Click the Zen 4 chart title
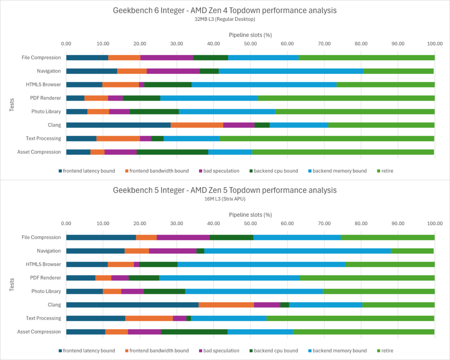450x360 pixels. pyautogui.click(x=225, y=10)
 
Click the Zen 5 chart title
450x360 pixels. pyautogui.click(x=225, y=190)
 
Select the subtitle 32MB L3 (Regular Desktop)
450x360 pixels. pyautogui.click(x=225, y=19)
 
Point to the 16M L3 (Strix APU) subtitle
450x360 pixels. pyautogui.click(x=225, y=199)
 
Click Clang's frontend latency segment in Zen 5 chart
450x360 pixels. pyautogui.click(x=132, y=305)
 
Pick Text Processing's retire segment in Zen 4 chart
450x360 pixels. pyautogui.click(x=327, y=138)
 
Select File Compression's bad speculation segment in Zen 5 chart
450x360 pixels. pyautogui.click(x=183, y=237)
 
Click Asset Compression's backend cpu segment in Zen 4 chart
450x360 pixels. pyautogui.click(x=172, y=152)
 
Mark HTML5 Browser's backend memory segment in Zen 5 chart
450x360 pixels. pyautogui.click(x=261, y=264)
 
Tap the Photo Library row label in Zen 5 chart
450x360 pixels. pyautogui.click(x=46, y=291)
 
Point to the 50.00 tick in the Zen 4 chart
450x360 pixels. pyautogui.click(x=250, y=44)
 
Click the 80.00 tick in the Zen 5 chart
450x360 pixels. pyautogui.click(x=361, y=224)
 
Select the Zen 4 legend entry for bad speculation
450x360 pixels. pyautogui.click(x=218, y=171)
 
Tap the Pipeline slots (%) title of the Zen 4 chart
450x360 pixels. pyautogui.click(x=250, y=34)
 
